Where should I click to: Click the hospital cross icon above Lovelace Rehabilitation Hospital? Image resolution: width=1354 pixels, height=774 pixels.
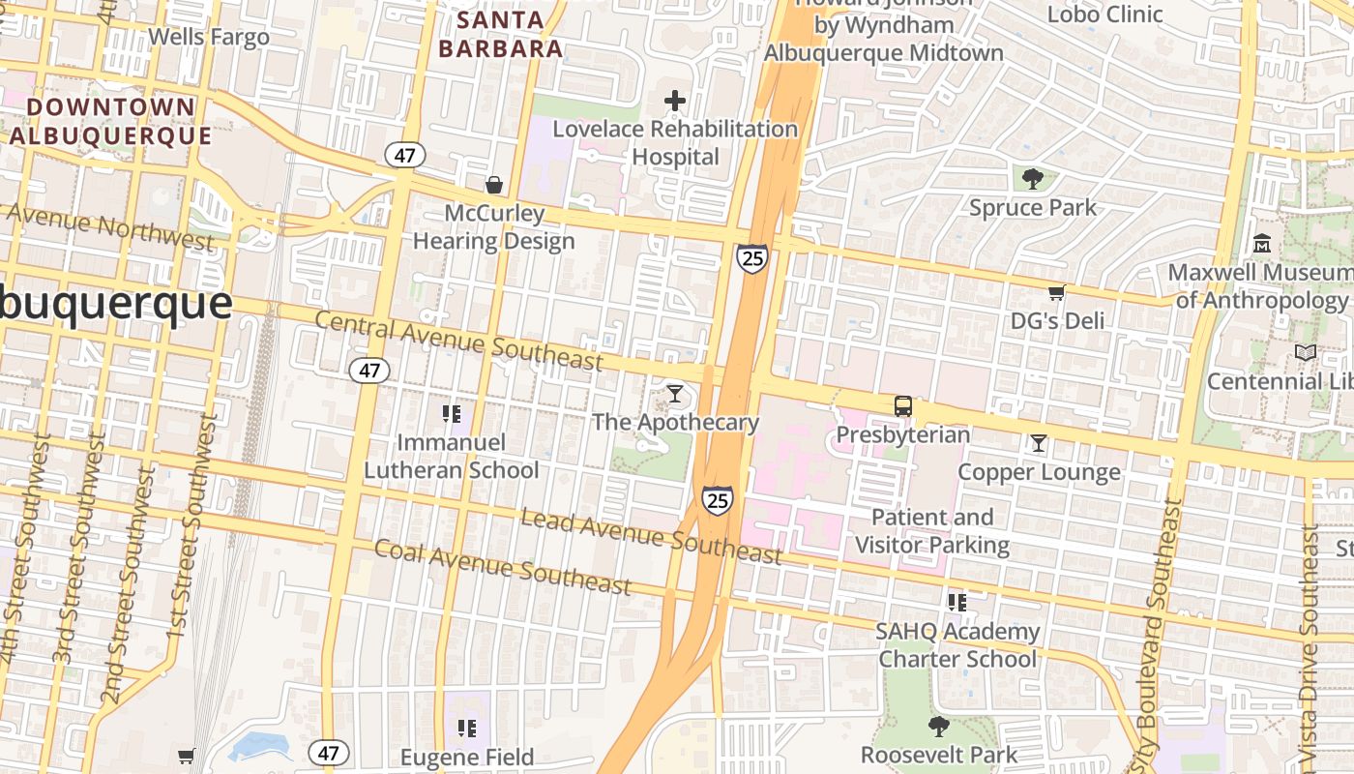(x=675, y=101)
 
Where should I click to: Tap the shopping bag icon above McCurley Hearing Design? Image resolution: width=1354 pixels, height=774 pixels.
(x=494, y=184)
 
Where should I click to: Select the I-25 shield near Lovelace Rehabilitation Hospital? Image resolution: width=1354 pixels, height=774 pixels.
(x=751, y=258)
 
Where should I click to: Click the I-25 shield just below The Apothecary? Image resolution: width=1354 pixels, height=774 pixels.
(x=717, y=500)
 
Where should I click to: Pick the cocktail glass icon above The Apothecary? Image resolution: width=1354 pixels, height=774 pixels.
(x=675, y=394)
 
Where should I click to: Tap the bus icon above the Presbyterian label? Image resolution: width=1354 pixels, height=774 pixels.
(x=902, y=406)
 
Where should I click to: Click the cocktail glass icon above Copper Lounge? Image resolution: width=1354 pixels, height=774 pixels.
(x=1039, y=443)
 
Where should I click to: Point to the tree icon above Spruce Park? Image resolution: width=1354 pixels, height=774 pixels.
(x=1033, y=179)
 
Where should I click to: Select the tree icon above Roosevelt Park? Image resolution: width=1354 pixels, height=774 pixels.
(x=938, y=727)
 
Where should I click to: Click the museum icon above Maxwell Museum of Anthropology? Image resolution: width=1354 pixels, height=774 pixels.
(x=1262, y=244)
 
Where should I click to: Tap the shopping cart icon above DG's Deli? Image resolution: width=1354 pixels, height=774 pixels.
(x=1057, y=292)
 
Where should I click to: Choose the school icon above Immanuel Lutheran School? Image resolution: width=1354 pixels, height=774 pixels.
(x=451, y=414)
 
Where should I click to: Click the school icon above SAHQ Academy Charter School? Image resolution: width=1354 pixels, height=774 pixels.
(x=957, y=603)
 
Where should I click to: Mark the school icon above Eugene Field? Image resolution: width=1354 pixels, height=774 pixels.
(x=467, y=729)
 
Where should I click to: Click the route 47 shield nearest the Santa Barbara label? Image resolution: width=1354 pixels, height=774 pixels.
(x=404, y=155)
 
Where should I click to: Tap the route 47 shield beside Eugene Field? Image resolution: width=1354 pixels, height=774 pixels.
(x=329, y=752)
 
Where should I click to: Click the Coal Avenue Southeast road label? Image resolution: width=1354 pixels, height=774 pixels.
(x=503, y=566)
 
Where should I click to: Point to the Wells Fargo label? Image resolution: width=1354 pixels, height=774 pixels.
(x=209, y=38)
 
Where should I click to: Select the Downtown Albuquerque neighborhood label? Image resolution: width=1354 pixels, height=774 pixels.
(x=111, y=121)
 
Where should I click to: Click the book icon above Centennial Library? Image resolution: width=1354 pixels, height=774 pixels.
(x=1306, y=353)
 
